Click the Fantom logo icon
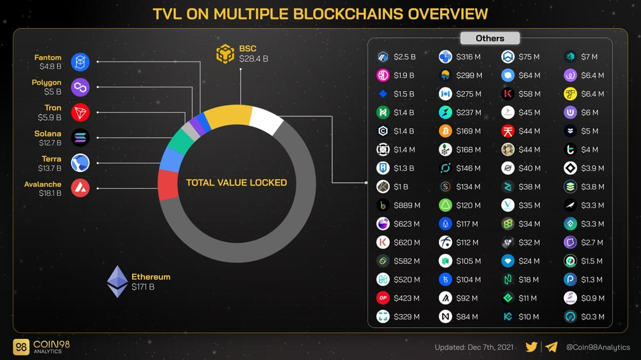[80, 62]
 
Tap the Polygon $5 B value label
[52, 92]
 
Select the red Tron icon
[80, 113]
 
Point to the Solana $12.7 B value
[50, 143]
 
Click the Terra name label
[51, 159]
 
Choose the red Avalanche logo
[80, 188]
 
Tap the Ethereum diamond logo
[117, 281]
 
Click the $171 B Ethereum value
[143, 287]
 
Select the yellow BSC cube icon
[225, 54]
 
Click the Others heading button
[490, 39]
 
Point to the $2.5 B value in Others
[405, 57]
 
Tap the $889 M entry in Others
[407, 205]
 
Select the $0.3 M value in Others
[592, 316]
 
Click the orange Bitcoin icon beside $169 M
[445, 131]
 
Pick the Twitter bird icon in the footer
[532, 346]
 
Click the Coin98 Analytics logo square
[21, 347]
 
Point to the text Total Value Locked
[236, 183]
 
